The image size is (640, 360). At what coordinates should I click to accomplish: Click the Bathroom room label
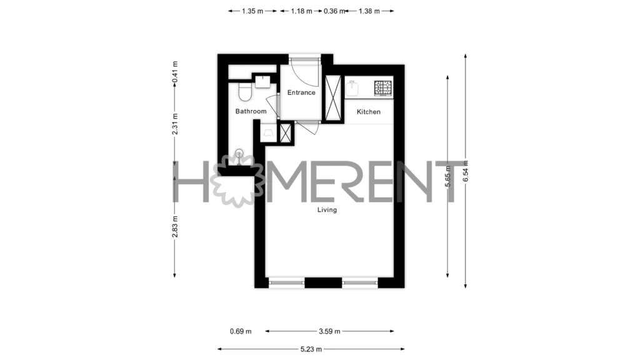point(251,111)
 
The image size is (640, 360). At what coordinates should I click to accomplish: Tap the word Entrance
point(301,92)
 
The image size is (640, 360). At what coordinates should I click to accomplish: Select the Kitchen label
point(369,112)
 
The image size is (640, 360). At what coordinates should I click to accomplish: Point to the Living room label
point(327,210)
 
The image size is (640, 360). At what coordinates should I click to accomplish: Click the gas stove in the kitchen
point(383,88)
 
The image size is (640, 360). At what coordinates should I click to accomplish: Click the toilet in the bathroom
point(245,92)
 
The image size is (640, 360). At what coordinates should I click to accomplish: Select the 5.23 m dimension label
point(311,349)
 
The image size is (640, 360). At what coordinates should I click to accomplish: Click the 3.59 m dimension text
point(329,331)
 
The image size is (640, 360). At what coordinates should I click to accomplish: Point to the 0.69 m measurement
point(241,331)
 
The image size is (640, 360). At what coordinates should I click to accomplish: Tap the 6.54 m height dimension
point(466,171)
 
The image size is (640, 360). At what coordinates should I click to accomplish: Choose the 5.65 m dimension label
point(447,176)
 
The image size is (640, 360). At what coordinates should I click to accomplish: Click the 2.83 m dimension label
point(175,226)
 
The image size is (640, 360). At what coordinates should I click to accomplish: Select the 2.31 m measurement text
point(175,124)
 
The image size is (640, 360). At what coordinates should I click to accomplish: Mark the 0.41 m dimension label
point(175,72)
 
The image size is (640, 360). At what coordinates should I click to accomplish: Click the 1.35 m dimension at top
point(252,11)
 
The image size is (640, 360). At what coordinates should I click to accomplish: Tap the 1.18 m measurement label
point(302,11)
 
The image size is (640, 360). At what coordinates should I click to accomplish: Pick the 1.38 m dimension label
point(369,11)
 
